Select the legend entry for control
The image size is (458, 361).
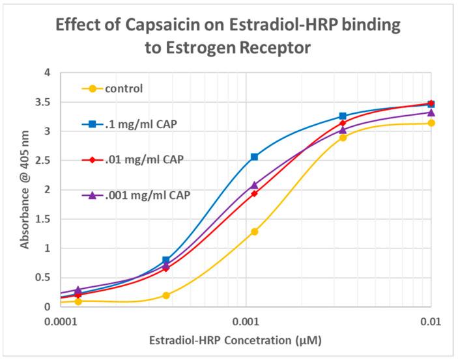point(124,88)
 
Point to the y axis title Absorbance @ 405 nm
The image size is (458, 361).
point(24,189)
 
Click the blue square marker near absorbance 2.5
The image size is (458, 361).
point(254,157)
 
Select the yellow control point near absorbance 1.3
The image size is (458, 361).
point(255,232)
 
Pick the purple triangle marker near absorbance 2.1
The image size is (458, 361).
point(255,185)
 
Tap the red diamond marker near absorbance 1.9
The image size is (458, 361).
point(255,194)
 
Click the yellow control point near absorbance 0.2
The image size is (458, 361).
point(166,295)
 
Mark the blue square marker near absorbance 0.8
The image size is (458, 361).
point(166,260)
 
